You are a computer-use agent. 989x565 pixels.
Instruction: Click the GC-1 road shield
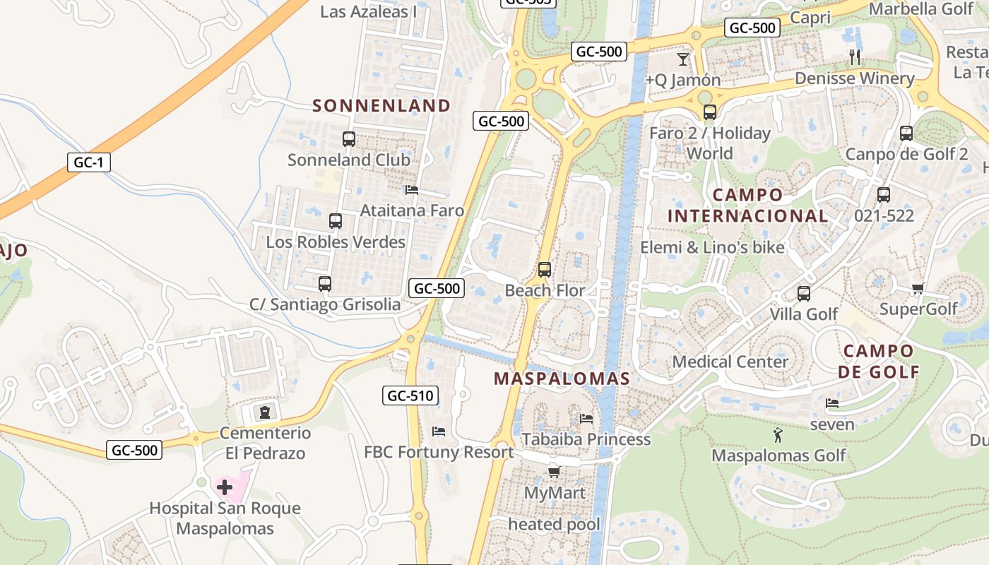(89, 162)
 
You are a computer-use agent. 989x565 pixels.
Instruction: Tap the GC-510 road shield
(410, 395)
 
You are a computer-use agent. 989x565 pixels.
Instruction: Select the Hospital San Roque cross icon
(225, 487)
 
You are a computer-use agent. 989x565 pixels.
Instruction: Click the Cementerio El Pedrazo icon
(265, 412)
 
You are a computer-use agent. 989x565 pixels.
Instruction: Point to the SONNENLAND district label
(381, 106)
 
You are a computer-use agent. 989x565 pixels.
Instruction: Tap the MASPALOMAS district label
(562, 379)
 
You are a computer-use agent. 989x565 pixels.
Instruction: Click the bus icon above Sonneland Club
(349, 139)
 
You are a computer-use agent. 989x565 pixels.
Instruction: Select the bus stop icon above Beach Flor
(544, 270)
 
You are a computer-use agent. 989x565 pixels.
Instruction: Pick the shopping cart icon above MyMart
(554, 472)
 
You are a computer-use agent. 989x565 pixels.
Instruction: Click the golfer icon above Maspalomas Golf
(778, 435)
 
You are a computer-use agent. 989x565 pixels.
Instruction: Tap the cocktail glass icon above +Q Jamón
(683, 59)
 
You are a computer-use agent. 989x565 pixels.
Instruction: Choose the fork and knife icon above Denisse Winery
(855, 57)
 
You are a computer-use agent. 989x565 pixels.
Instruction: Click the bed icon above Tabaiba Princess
(586, 418)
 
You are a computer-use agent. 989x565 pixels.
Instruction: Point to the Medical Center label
(730, 362)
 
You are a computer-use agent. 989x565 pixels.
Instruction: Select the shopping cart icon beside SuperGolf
(918, 288)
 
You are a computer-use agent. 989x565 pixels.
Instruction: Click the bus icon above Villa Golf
(803, 294)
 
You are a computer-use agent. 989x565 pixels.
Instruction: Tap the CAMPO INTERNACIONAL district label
(748, 206)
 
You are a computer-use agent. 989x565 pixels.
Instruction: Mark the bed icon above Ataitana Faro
(412, 189)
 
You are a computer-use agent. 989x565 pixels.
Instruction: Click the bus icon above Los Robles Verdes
(336, 221)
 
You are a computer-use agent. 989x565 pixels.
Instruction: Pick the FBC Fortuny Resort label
(439, 452)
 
